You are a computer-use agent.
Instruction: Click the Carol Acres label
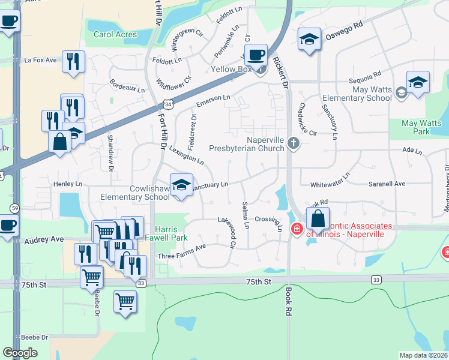pyautogui.click(x=116, y=34)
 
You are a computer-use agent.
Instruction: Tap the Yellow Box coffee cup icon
pyautogui.click(x=256, y=55)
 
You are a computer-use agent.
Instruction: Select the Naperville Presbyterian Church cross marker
pyautogui.click(x=293, y=142)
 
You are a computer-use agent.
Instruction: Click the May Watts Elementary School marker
pyautogui.click(x=417, y=82)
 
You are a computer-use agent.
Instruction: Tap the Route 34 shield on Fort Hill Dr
pyautogui.click(x=169, y=104)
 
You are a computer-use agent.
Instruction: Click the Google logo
pyautogui.click(x=20, y=353)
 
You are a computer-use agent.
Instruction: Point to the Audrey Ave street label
pyautogui.click(x=44, y=239)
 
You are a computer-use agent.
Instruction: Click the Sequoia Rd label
pyautogui.click(x=365, y=74)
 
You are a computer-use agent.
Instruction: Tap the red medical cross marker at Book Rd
pyautogui.click(x=297, y=229)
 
